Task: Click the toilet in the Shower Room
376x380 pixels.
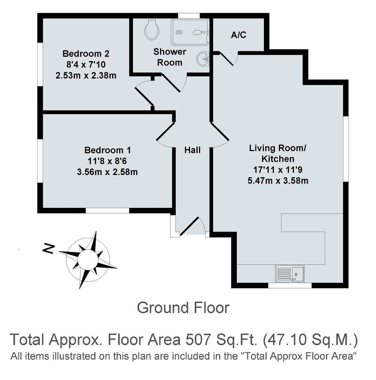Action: (152, 30)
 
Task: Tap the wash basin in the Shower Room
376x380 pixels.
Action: (203, 58)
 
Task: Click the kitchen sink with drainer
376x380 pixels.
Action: (290, 273)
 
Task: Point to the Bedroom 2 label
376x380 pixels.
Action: (86, 54)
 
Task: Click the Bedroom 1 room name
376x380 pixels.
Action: (108, 150)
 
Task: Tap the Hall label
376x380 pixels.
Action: (193, 150)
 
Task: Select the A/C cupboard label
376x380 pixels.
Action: (239, 35)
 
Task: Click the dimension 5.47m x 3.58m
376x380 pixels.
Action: (278, 181)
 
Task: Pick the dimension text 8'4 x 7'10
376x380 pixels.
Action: (86, 65)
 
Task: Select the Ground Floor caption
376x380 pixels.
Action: (183, 308)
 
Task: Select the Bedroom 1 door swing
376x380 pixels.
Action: (165, 134)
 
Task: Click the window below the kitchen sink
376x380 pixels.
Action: (290, 285)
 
